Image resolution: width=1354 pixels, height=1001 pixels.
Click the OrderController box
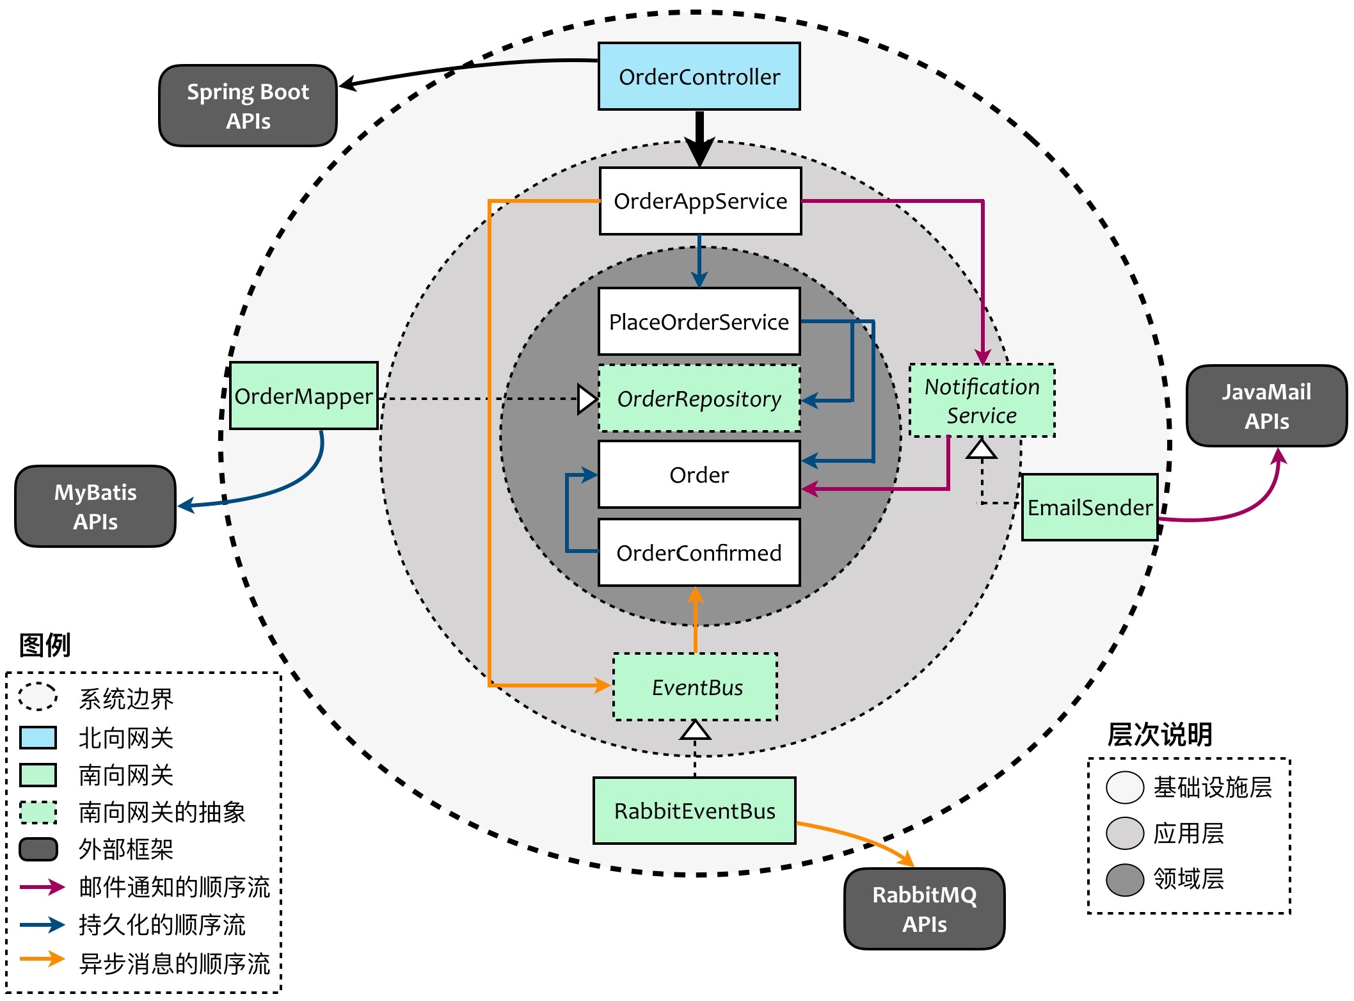[699, 77]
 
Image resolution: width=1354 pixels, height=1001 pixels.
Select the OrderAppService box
[700, 201]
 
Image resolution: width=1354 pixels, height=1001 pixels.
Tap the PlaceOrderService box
[699, 321]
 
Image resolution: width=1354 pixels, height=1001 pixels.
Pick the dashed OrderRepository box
[699, 399]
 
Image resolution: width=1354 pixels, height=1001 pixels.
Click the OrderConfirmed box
[699, 552]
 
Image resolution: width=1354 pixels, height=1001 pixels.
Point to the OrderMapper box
[303, 396]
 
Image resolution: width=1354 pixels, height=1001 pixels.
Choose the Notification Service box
[982, 401]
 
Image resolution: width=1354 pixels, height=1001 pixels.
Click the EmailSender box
[1089, 508]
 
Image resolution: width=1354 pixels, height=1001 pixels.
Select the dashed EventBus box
[696, 687]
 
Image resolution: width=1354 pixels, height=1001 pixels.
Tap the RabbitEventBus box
[694, 811]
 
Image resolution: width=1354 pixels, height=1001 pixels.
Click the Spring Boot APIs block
[248, 106]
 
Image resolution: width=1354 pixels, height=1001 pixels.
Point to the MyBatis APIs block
[95, 507]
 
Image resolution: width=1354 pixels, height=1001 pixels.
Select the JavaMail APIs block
[1266, 406]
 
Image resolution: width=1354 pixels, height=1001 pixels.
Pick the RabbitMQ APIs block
[924, 909]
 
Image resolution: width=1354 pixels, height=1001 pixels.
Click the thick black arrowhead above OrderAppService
[700, 152]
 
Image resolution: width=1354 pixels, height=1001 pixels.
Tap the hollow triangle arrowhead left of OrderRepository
[587, 399]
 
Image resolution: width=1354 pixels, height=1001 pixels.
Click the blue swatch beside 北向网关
[38, 738]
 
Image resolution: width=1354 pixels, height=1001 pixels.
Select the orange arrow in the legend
[42, 959]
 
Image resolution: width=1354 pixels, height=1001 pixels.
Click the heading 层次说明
[1159, 735]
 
